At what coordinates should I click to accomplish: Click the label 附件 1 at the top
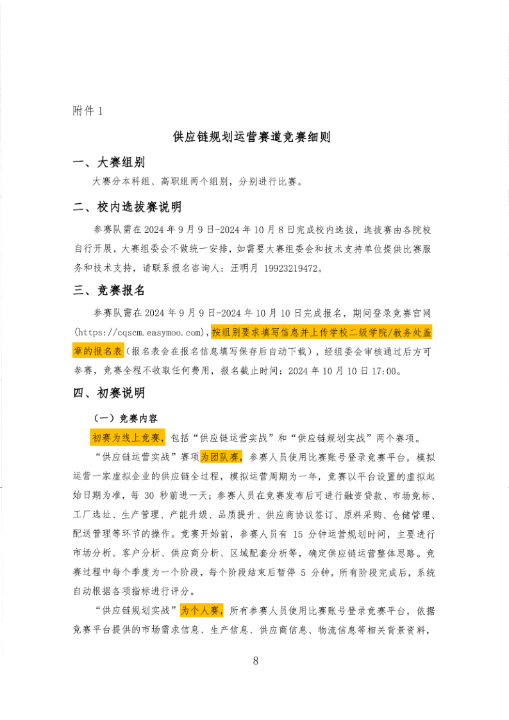click(x=88, y=111)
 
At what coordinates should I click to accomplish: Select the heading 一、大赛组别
click(x=108, y=162)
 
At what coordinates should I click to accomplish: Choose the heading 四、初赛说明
click(x=108, y=392)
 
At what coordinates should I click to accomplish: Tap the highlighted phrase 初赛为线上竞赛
click(x=128, y=438)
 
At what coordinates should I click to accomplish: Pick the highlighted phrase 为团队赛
click(x=221, y=457)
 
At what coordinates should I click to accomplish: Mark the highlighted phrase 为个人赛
click(x=201, y=610)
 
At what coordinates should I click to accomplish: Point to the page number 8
click(x=255, y=661)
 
